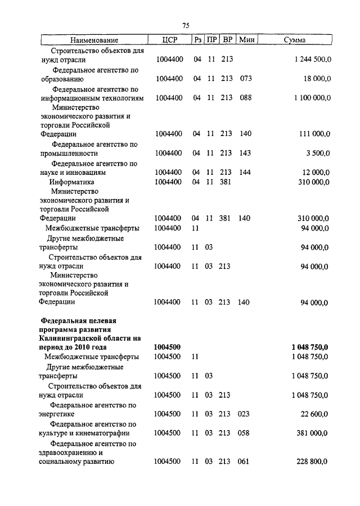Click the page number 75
pyautogui.click(x=187, y=25)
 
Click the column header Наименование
pyautogui.click(x=94, y=40)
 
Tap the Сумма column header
pyautogui.click(x=295, y=40)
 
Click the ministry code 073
pyautogui.click(x=245, y=79)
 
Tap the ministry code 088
pyautogui.click(x=245, y=98)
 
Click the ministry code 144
pyautogui.click(x=245, y=173)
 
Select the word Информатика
pyautogui.click(x=71, y=182)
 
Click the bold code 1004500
pyautogui.click(x=167, y=347)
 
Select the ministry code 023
pyautogui.click(x=245, y=414)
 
